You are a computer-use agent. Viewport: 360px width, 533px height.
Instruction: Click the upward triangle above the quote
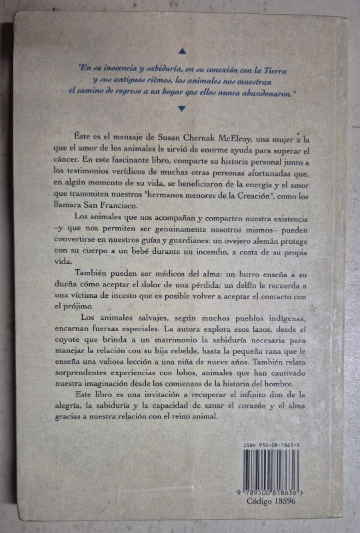click(x=181, y=50)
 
